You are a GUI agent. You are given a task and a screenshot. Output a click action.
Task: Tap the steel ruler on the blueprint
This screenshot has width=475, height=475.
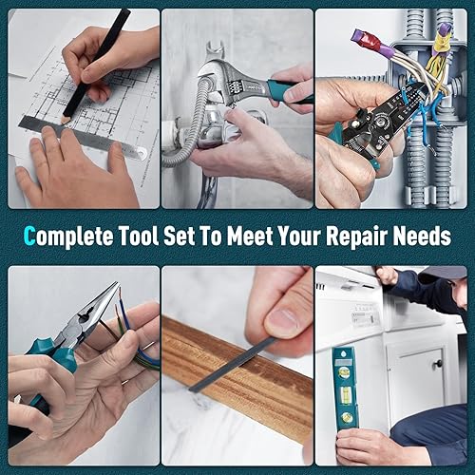(85, 134)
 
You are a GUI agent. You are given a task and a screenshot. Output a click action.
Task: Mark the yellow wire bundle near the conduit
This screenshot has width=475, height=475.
(438, 62)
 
